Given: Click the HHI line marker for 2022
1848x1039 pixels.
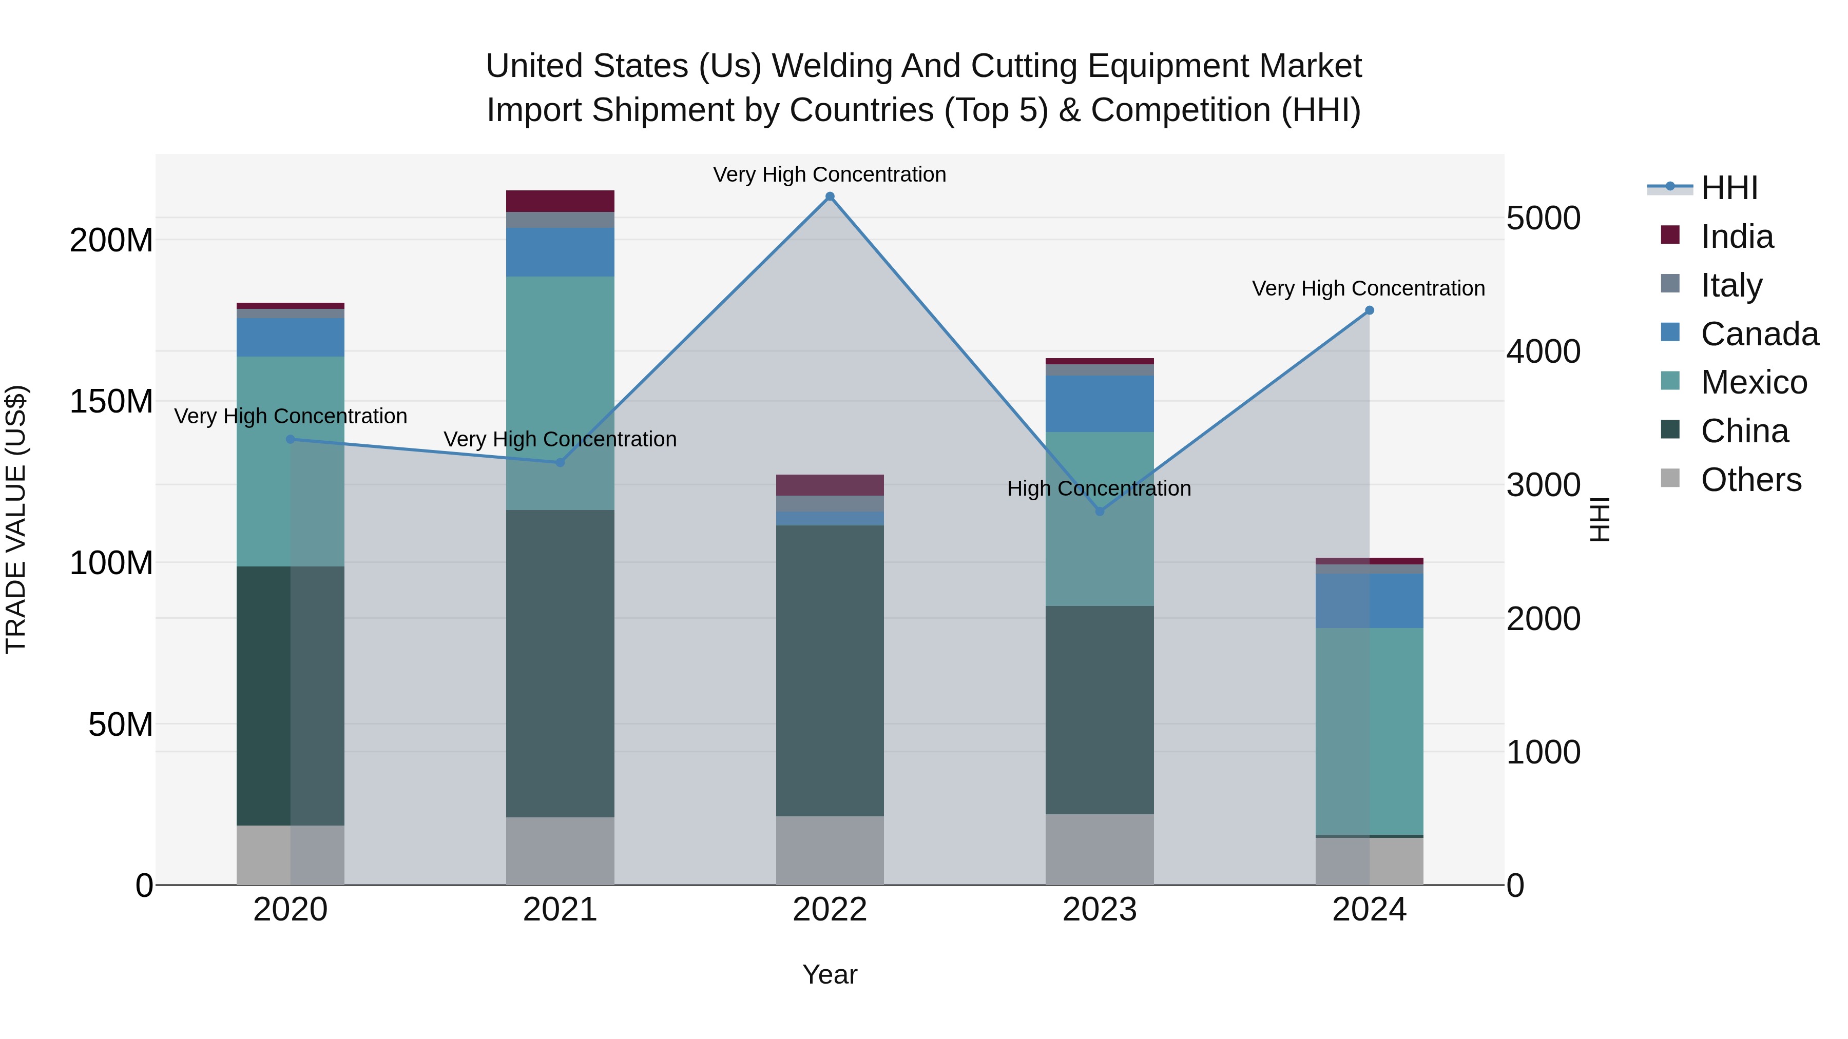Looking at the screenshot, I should (830, 197).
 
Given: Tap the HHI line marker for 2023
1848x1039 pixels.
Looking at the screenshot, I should (1099, 511).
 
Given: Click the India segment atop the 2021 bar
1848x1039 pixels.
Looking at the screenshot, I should (560, 201).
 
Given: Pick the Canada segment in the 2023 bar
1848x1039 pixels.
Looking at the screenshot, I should (1099, 404).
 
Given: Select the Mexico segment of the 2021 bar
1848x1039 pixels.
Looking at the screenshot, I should (560, 393).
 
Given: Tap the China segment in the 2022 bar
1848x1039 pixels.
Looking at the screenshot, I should (830, 671).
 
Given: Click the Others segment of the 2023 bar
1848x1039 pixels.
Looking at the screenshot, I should (1099, 849).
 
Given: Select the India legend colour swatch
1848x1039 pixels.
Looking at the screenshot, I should (1670, 235).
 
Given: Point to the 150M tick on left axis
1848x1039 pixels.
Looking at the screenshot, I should (111, 402).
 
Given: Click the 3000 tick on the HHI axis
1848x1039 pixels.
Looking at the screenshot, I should (1543, 485).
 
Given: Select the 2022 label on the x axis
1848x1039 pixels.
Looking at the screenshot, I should (830, 910).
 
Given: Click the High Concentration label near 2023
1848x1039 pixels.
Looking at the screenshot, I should (1099, 488).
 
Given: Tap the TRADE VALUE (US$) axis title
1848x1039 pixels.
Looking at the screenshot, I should (16, 519).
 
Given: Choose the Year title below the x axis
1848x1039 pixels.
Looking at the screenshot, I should (830, 974).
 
